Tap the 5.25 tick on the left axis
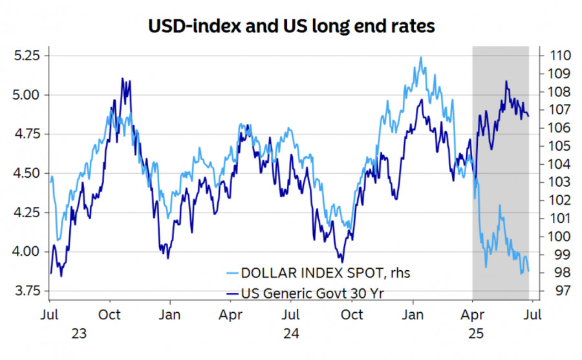click(27, 56)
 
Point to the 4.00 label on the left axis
click(27, 251)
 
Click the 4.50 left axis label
click(27, 173)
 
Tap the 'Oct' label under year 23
click(110, 315)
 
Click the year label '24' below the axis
click(291, 334)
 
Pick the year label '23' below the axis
click(79, 334)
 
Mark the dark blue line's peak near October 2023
click(123, 79)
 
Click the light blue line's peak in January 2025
click(421, 57)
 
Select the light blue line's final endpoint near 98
click(528, 271)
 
